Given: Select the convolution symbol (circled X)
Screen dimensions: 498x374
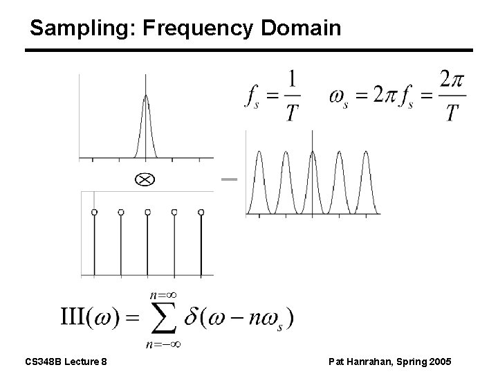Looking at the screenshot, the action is [146, 179].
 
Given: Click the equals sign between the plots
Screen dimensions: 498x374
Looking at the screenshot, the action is [229, 179].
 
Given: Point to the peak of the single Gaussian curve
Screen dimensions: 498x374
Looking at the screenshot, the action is [145, 96].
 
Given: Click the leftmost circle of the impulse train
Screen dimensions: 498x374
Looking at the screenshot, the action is [94, 211].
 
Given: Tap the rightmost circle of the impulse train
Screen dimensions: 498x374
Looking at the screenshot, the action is [201, 211].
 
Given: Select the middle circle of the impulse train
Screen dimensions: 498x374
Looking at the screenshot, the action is [147, 211].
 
